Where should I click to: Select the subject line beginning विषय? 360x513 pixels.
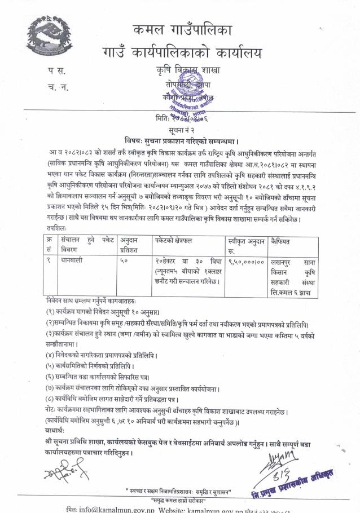click(x=180, y=139)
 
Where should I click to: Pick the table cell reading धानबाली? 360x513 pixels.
click(x=73, y=260)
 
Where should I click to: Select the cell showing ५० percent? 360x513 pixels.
click(x=125, y=260)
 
